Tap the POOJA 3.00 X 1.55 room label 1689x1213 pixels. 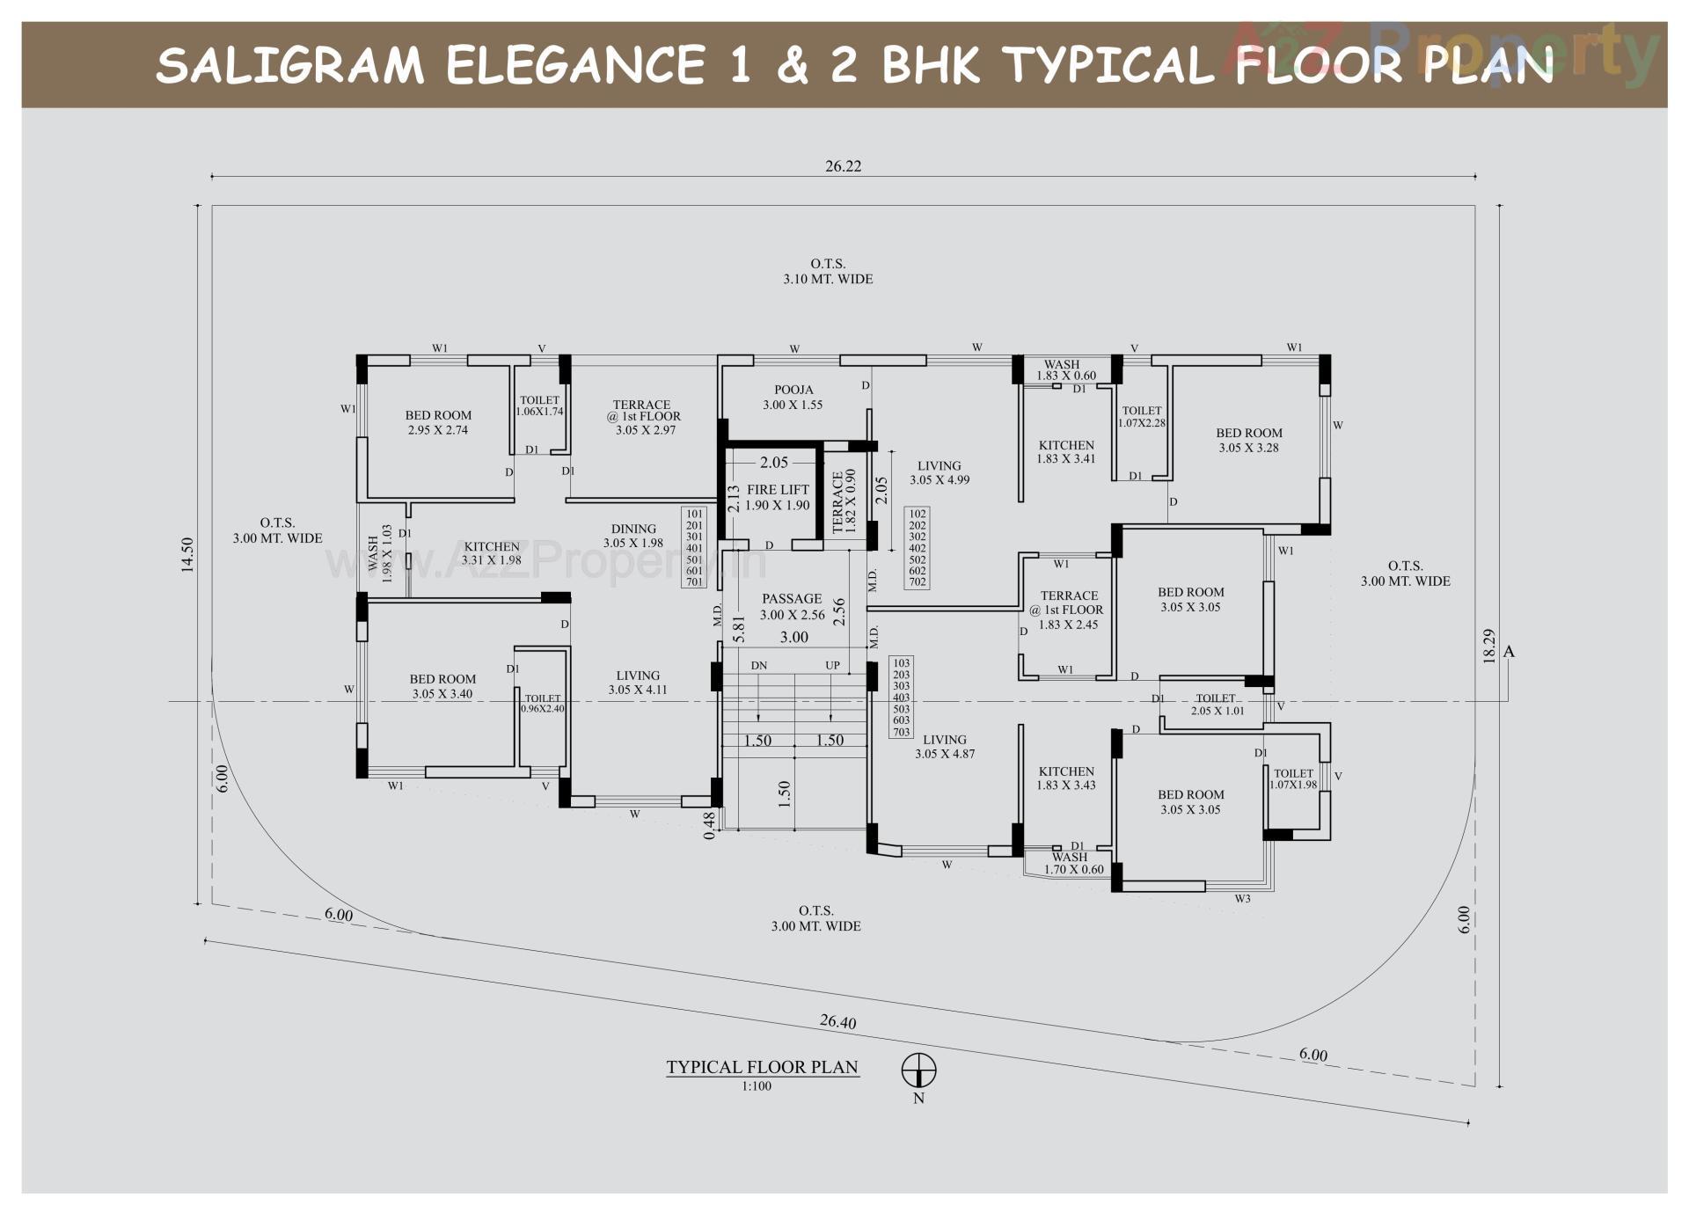point(793,398)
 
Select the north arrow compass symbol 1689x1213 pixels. point(918,1071)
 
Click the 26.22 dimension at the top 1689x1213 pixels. point(843,166)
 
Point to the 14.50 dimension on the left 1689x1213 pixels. point(186,555)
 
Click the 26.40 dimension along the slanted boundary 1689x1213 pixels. point(837,1021)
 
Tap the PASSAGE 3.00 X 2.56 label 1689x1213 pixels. point(792,607)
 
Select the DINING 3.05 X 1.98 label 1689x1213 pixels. point(633,536)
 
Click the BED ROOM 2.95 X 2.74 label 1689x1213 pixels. point(438,422)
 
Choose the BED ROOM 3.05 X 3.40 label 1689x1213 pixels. point(442,686)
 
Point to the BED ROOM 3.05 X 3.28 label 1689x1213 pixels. point(1248,440)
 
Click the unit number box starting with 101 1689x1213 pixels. point(694,547)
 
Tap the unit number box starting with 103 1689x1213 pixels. point(901,697)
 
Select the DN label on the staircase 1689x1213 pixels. point(758,666)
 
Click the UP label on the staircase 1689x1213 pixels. point(831,666)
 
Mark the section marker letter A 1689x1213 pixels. point(1509,652)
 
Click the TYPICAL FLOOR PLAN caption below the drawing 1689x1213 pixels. point(762,1067)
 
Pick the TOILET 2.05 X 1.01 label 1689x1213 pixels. point(1217,705)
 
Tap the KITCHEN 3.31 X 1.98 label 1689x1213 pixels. point(492,552)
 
